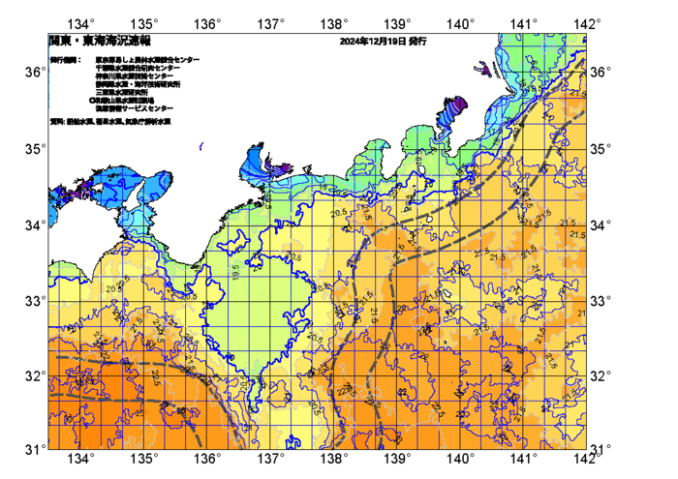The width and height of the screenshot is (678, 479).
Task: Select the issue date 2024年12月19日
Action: point(373,43)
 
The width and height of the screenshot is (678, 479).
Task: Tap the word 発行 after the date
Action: point(417,43)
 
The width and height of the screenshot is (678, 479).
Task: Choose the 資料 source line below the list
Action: point(112,121)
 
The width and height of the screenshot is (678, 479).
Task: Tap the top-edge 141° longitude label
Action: point(524,23)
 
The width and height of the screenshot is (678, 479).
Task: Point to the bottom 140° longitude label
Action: point(461,458)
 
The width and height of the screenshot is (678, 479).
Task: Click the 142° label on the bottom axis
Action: point(587,458)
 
